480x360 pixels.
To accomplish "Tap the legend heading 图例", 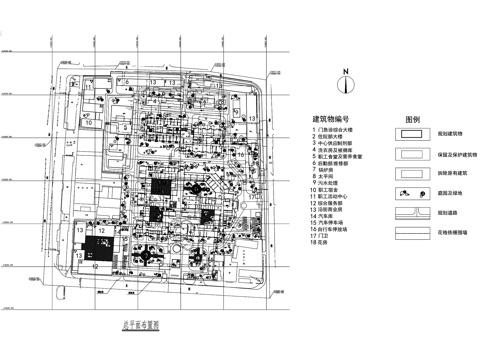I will click(x=410, y=118).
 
